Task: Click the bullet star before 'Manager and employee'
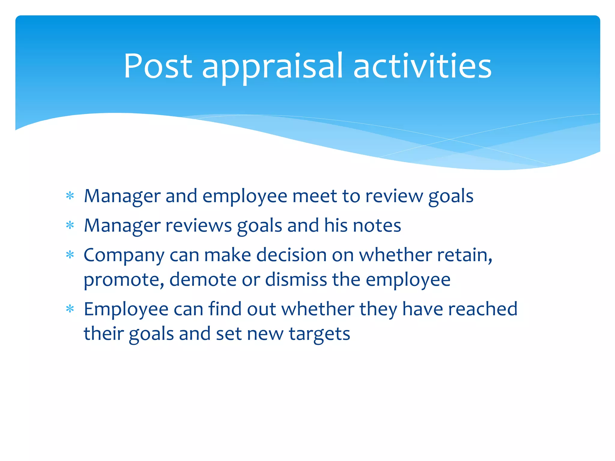(x=70, y=196)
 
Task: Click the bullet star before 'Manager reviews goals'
(x=70, y=225)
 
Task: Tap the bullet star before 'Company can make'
(x=70, y=255)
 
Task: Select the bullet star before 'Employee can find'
(x=70, y=309)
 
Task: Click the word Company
(x=124, y=256)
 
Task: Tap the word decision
(x=291, y=255)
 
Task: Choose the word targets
(x=319, y=334)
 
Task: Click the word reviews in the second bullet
(x=198, y=225)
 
